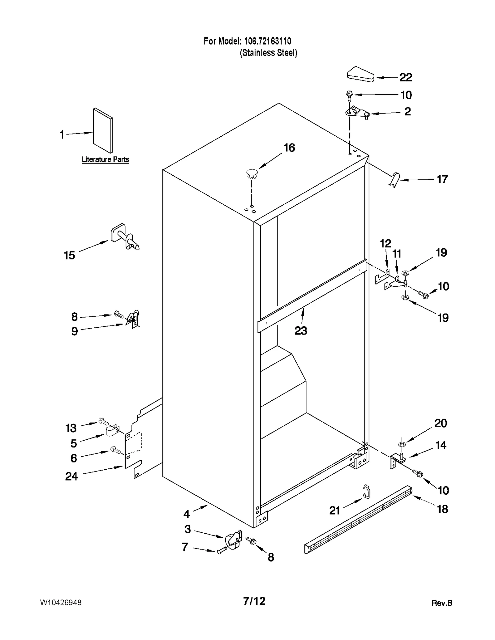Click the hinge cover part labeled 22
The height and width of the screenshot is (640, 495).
[x=361, y=75]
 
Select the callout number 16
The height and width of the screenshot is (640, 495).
[x=289, y=148]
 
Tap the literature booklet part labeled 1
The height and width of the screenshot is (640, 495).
[x=103, y=130]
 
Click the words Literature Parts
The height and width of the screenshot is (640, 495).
[x=105, y=160]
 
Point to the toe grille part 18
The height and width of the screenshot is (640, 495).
[x=359, y=520]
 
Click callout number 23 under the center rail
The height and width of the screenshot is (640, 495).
[x=300, y=331]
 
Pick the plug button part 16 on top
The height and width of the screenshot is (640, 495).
[x=252, y=174]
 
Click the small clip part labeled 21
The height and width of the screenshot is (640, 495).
[x=366, y=492]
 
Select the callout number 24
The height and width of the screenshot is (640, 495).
[x=71, y=476]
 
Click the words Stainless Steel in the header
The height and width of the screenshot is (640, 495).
[x=268, y=53]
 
